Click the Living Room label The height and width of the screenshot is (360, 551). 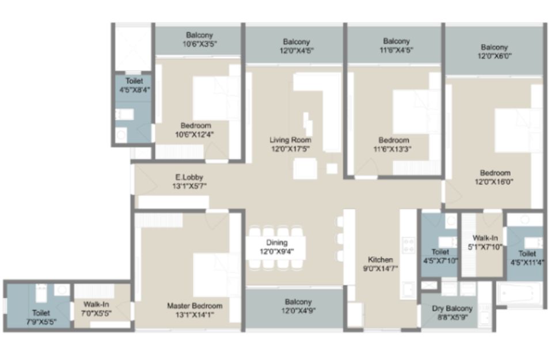tap(290, 140)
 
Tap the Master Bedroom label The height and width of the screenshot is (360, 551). tap(195, 306)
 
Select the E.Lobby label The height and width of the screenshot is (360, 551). tap(189, 177)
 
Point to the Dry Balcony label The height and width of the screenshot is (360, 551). tap(452, 309)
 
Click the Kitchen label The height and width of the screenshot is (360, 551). tap(380, 260)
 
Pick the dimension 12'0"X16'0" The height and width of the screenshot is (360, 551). tap(494, 182)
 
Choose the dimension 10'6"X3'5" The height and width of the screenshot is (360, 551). tap(199, 44)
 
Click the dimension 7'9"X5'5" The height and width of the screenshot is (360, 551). tap(41, 321)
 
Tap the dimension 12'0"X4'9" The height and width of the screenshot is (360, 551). tap(298, 311)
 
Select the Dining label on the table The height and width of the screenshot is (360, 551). tap(277, 242)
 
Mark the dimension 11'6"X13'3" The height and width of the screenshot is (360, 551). tap(392, 149)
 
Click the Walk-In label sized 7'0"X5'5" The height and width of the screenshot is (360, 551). tap(96, 305)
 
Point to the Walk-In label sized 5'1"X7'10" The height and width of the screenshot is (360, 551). tap(485, 238)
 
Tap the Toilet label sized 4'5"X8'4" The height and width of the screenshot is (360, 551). tap(134, 81)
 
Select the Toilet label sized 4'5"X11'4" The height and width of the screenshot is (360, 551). tap(527, 253)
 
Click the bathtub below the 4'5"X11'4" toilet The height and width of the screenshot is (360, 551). tap(519, 293)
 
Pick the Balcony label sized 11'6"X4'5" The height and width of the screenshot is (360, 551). tap(396, 41)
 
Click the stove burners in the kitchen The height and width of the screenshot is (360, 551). tap(408, 245)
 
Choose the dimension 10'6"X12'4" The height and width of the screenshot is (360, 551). tap(195, 134)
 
